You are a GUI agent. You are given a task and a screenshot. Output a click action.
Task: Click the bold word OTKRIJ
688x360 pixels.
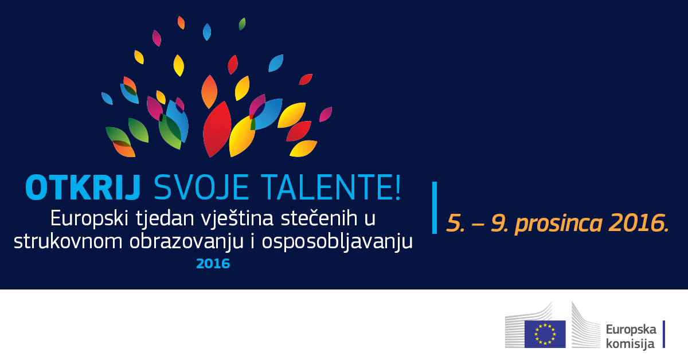click(x=83, y=187)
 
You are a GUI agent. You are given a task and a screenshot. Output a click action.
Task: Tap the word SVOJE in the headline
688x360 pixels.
click(x=201, y=187)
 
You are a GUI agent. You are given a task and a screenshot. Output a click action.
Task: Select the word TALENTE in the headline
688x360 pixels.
click(x=326, y=187)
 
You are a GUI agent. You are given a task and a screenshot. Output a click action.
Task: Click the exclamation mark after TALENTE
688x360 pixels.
click(x=398, y=187)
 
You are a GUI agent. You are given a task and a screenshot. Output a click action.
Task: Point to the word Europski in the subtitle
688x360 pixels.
click(x=89, y=220)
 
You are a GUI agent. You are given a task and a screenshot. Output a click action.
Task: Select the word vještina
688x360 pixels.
click(x=237, y=220)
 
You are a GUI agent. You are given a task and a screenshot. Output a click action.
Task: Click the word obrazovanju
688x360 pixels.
click(x=186, y=242)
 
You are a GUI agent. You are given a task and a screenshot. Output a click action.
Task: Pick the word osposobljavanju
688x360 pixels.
click(x=337, y=242)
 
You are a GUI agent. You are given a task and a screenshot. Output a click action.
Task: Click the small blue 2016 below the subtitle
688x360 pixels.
click(x=213, y=264)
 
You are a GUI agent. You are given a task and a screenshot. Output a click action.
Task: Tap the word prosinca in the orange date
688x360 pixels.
click(x=558, y=224)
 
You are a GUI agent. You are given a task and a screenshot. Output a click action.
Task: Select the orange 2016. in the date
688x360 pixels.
click(x=639, y=222)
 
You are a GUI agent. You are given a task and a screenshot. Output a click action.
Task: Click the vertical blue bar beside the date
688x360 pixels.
click(x=435, y=208)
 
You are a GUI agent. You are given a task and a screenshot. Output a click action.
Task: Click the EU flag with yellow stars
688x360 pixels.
click(x=545, y=334)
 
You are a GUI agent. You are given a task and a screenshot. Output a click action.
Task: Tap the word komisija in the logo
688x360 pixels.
click(x=630, y=343)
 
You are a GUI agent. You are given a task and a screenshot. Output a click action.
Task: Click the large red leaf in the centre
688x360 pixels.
click(x=217, y=130)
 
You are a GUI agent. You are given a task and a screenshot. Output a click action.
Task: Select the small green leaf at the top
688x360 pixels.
click(x=242, y=24)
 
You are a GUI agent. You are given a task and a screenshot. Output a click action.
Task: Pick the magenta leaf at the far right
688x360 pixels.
click(x=326, y=114)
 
